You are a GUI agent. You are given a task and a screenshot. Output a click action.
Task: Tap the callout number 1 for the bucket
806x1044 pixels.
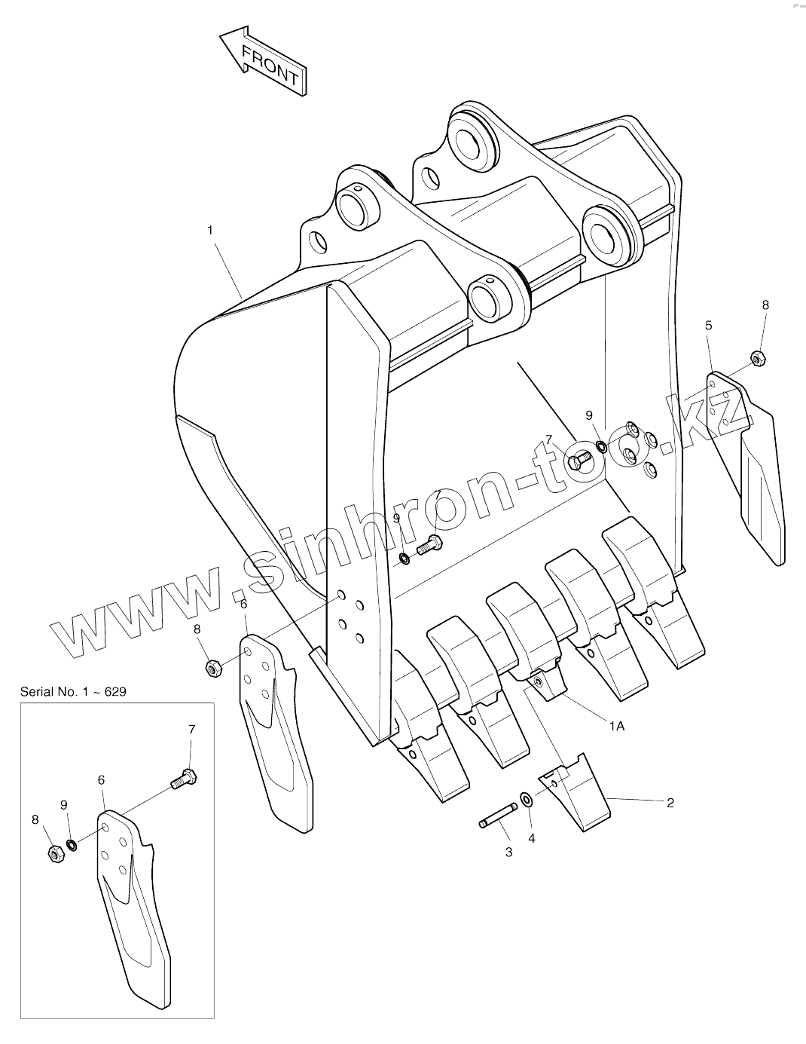[210, 230]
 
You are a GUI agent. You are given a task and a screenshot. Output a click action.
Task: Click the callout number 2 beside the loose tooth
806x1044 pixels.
[670, 803]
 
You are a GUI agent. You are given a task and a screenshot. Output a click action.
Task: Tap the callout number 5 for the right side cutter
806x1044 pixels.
[708, 326]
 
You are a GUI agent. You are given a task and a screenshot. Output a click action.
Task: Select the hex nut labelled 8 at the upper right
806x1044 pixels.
[758, 358]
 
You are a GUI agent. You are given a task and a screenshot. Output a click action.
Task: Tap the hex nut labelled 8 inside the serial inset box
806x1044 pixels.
[53, 853]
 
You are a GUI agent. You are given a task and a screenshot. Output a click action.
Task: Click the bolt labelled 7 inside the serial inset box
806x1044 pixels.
[183, 778]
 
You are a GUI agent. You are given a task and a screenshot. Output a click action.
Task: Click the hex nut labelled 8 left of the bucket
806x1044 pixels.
[212, 666]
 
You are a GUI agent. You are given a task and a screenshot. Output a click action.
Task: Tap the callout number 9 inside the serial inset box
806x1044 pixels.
[64, 805]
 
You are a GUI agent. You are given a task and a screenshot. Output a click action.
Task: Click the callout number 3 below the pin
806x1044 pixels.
[508, 852]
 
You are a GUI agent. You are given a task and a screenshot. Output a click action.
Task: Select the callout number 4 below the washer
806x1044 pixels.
[531, 838]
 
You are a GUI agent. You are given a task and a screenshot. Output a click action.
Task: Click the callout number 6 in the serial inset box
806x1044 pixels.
[101, 781]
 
